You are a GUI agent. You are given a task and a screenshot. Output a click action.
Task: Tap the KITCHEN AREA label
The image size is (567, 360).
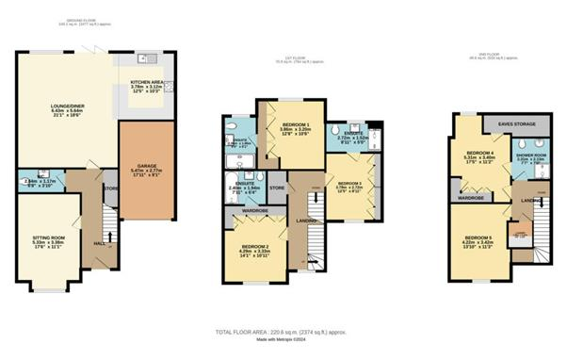(x=148, y=83)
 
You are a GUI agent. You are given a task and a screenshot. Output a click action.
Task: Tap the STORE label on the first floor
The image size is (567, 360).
(x=277, y=188)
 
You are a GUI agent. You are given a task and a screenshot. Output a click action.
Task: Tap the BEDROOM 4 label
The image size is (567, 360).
(x=479, y=152)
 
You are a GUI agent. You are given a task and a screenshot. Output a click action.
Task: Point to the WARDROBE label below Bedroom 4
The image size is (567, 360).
(x=471, y=198)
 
